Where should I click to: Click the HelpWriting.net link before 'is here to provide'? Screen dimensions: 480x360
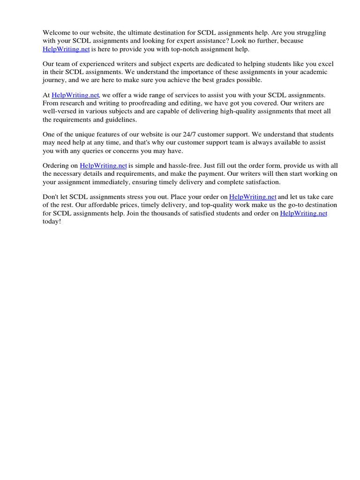[x=66, y=49]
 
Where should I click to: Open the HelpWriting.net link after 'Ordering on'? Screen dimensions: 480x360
[x=104, y=165]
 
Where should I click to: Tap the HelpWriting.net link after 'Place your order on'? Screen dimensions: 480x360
[x=253, y=197]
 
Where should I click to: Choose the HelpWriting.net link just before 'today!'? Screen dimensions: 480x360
[x=303, y=213]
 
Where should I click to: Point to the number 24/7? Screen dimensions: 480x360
[x=182, y=134]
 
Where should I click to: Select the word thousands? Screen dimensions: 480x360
[x=164, y=213]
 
